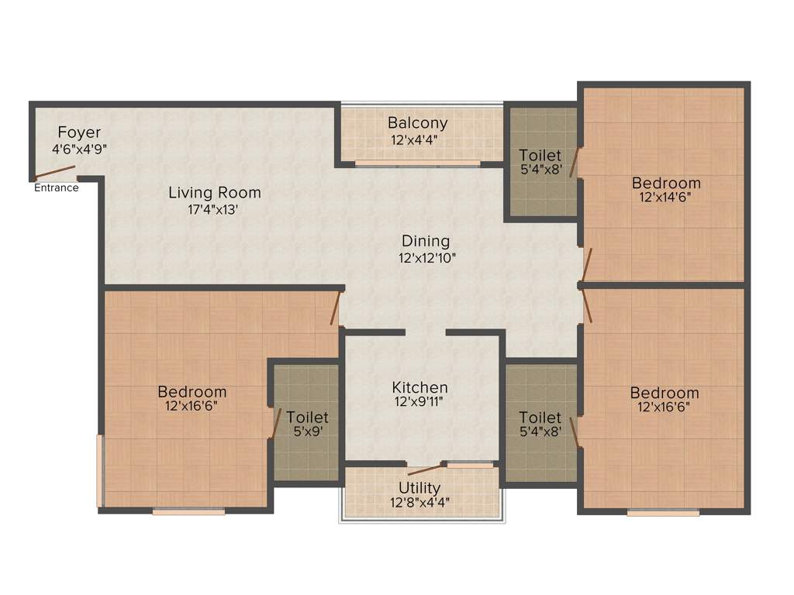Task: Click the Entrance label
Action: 56,187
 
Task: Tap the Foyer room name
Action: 79,132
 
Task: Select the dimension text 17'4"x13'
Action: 215,208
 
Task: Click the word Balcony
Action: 418,123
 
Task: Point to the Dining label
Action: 425,241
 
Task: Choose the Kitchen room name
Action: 419,387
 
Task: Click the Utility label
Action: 419,488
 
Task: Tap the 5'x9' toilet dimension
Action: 307,432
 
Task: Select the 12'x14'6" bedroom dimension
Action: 666,197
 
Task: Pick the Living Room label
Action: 215,193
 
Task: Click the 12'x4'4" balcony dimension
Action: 418,140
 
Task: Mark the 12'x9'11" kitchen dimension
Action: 419,402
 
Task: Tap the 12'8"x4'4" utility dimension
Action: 419,502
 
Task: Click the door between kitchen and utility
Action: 425,469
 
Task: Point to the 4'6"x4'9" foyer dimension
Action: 79,148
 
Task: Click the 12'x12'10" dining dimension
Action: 425,257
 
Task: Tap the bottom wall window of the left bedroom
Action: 188,511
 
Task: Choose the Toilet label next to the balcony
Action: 540,155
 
